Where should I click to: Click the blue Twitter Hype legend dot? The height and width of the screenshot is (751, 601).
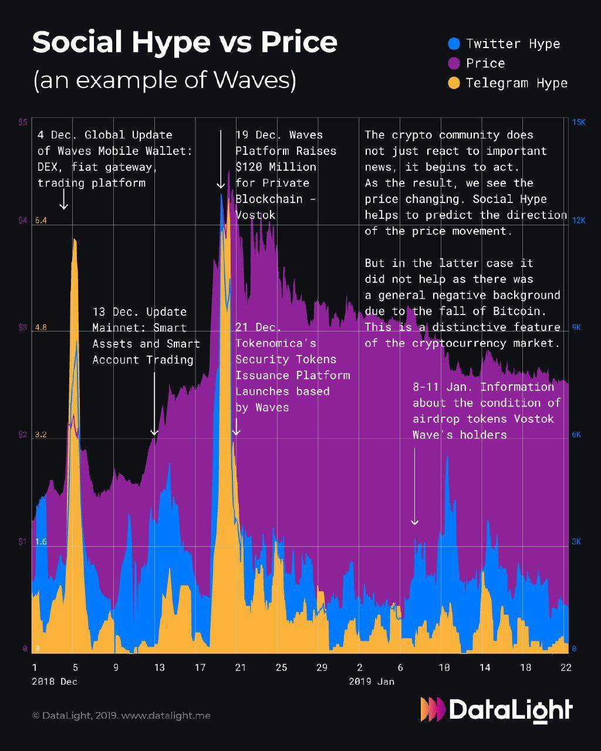coord(454,43)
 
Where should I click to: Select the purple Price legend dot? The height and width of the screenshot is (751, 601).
coord(454,63)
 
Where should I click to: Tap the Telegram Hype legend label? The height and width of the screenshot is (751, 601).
coord(516,83)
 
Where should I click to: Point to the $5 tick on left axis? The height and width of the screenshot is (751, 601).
coord(22,122)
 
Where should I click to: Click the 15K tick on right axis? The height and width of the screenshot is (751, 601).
coord(578,122)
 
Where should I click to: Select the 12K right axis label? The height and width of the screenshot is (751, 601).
coord(578,221)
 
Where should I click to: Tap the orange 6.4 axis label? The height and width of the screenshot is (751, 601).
coord(40,221)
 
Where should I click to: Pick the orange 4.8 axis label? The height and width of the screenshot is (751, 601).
coord(40,327)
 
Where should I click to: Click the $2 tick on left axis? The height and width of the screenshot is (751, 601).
coord(22,435)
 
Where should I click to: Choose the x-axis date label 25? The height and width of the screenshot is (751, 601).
coord(281,667)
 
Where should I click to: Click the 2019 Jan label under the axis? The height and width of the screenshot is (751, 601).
coord(372,682)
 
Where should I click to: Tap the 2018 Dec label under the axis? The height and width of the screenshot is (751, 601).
coord(55,682)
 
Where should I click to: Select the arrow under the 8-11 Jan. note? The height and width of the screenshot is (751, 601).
coord(414,487)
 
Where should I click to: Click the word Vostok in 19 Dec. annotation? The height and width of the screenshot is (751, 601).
coord(255,215)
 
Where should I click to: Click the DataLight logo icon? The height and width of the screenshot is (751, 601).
coord(433,709)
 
